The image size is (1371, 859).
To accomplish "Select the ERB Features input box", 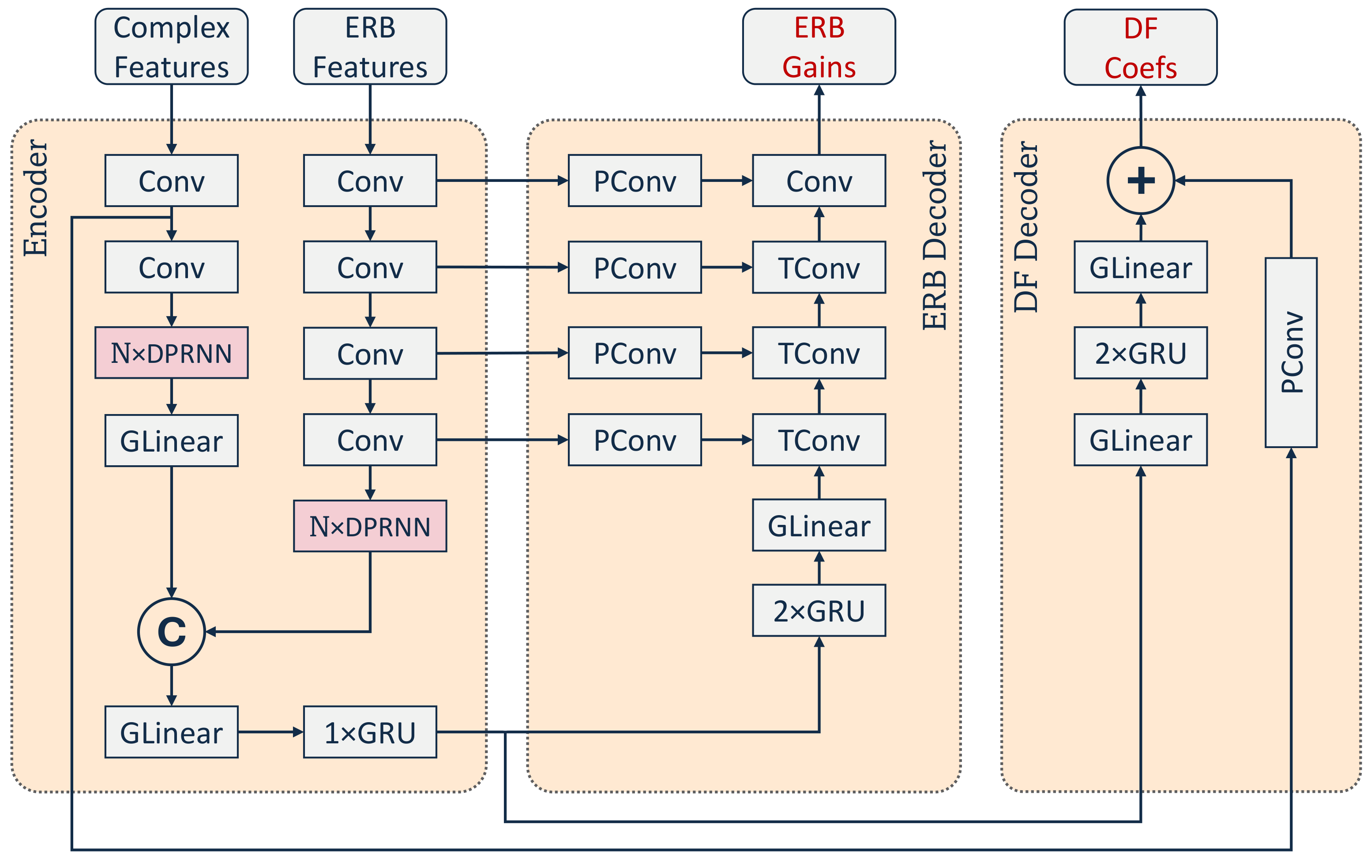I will point(370,47).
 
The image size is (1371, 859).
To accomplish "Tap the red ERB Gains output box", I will point(819,47).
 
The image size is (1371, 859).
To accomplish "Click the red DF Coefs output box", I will point(1140,47).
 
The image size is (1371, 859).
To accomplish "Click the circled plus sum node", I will point(1140,181).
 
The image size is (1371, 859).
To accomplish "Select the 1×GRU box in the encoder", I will point(370,732).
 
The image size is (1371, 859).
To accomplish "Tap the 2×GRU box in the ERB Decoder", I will point(819,610).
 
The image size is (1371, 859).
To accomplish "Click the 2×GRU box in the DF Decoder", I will point(1140,353).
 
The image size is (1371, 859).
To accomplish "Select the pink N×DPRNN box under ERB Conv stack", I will point(370,526).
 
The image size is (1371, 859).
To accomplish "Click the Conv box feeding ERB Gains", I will point(819,181).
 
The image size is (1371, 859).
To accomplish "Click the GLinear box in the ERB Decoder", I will point(819,525).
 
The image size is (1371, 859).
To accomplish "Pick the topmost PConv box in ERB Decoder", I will point(635,181).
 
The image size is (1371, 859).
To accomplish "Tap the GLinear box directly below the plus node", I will point(1140,267).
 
